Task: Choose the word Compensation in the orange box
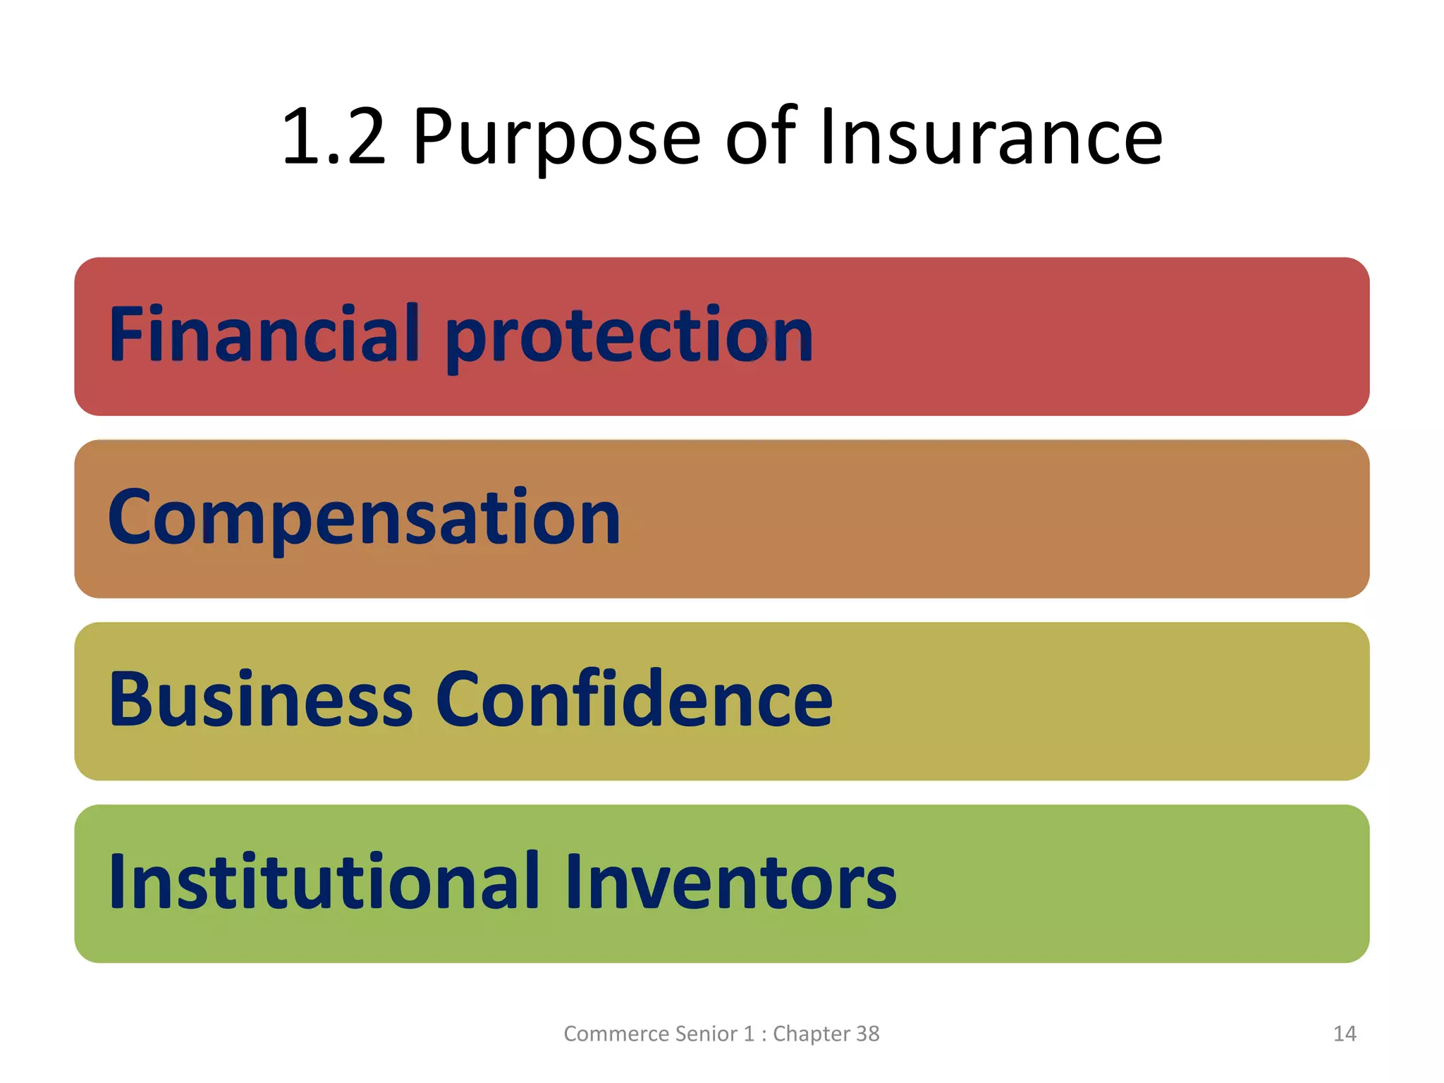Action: click(x=364, y=518)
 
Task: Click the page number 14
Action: click(x=1345, y=1034)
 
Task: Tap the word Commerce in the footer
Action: click(x=615, y=1034)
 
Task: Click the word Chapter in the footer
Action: click(x=812, y=1034)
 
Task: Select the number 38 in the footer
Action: click(x=868, y=1034)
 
